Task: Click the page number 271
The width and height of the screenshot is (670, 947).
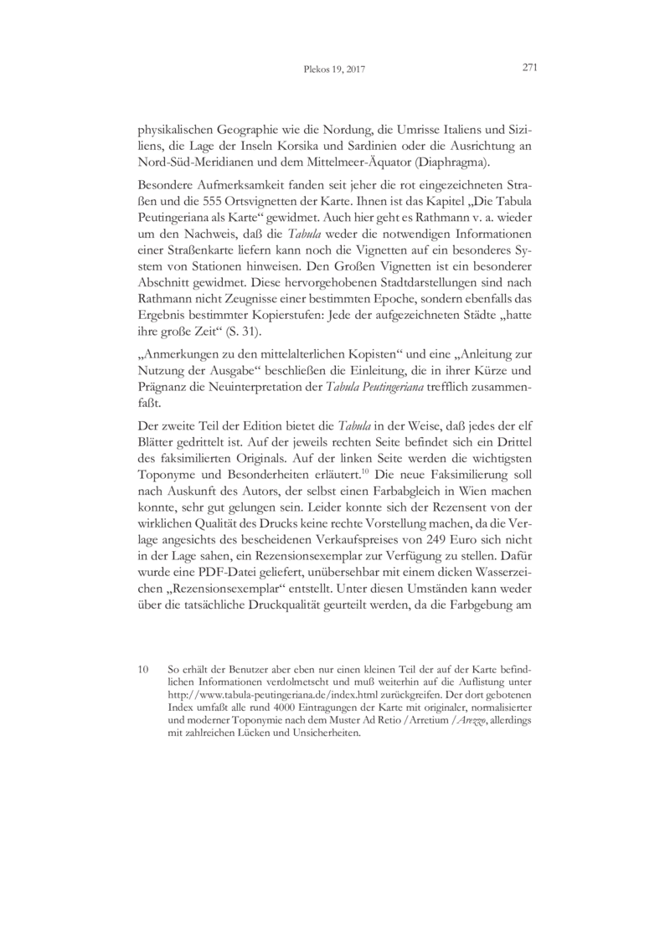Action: click(528, 69)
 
